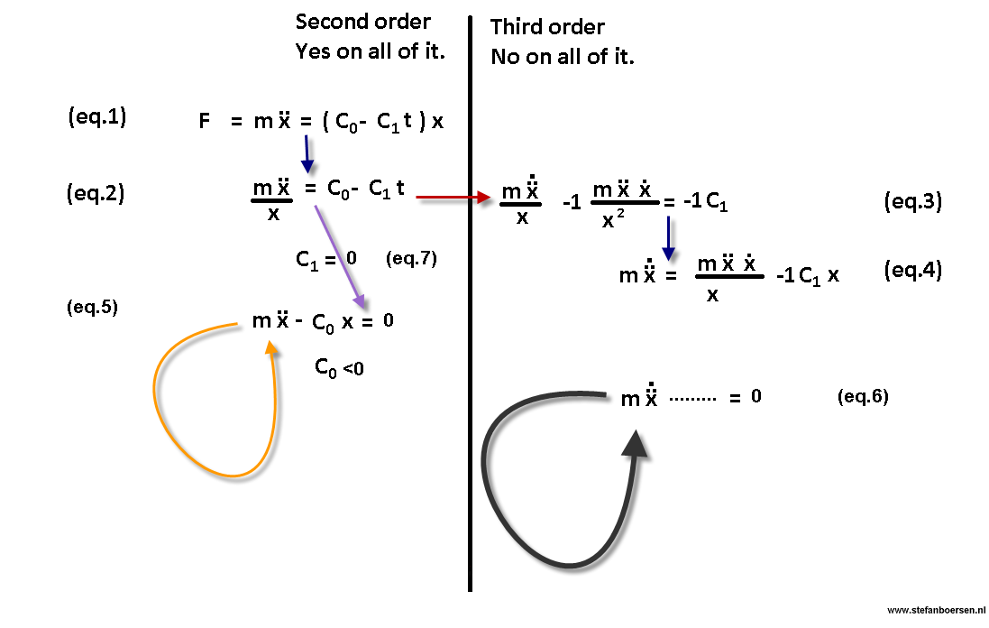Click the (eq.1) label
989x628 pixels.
click(96, 116)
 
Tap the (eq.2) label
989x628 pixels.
click(95, 193)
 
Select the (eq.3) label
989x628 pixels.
click(913, 201)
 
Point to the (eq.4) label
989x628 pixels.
click(913, 270)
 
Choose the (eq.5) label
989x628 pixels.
click(92, 307)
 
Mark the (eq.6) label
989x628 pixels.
click(863, 396)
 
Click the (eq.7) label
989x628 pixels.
click(410, 259)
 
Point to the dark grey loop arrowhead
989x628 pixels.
click(636, 445)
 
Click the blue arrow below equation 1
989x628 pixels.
click(307, 153)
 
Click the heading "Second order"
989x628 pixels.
click(362, 22)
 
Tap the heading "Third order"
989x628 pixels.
click(547, 27)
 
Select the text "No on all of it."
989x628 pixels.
click(563, 57)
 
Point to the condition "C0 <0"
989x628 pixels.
click(339, 367)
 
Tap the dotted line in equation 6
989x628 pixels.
click(691, 397)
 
